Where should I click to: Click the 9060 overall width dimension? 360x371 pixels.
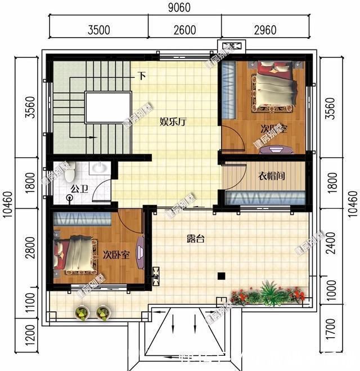(x=179, y=8)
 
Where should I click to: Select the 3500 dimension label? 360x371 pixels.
(x=99, y=30)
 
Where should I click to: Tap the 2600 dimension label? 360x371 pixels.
(x=184, y=30)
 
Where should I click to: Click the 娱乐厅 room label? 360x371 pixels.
(x=173, y=122)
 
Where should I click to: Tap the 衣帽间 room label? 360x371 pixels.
(x=272, y=176)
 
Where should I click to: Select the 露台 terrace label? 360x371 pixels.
(x=195, y=238)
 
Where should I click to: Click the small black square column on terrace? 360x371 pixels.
(x=222, y=276)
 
